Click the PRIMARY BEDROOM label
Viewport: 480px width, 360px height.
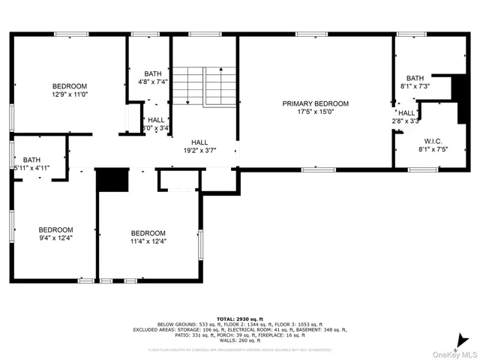coord(315,103)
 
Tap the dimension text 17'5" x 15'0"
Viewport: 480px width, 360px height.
coord(315,112)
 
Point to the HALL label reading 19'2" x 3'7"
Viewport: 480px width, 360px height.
coord(199,142)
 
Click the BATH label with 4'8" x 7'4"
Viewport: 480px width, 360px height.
coord(153,73)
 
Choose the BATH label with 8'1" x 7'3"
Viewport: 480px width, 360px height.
coord(415,78)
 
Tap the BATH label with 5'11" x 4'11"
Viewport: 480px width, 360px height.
coord(31,160)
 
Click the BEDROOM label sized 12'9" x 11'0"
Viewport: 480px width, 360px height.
coord(70,86)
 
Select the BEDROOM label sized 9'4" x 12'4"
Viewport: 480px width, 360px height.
coord(56,229)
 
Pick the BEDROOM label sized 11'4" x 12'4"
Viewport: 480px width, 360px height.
coord(148,233)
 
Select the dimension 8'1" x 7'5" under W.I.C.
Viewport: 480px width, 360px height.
coord(432,149)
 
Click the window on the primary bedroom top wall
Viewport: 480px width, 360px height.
coord(311,34)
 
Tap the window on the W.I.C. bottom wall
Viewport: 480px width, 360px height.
coord(422,169)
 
